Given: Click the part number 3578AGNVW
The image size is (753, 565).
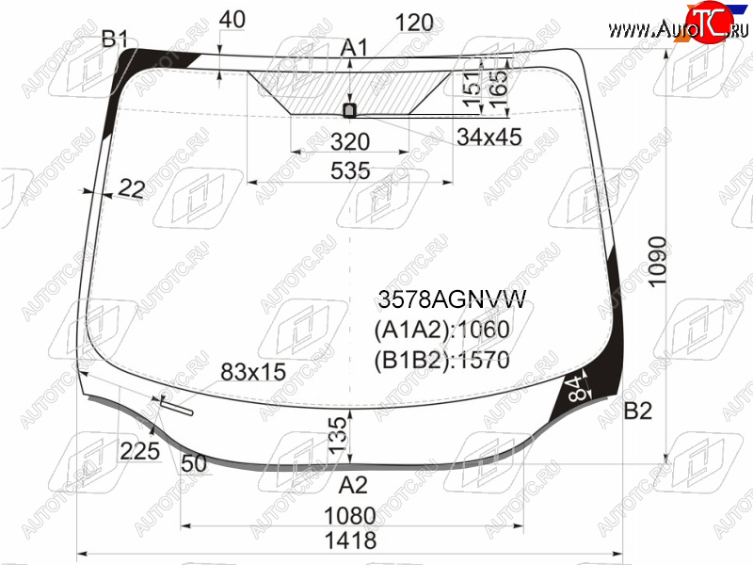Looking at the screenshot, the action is [452, 299].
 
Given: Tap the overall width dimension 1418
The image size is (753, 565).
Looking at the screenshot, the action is [350, 541].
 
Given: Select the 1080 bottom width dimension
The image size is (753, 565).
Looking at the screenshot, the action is [350, 516].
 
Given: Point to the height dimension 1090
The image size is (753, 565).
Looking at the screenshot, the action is [657, 262].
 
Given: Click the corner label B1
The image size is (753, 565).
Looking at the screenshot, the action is [115, 39].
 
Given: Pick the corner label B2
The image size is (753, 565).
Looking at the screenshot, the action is [638, 411].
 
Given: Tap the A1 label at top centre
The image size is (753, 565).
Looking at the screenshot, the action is [354, 48].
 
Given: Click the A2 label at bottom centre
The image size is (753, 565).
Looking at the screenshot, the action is [353, 485].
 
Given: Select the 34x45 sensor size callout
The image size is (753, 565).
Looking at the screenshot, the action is [489, 137].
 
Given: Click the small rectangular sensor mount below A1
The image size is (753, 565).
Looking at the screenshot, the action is [349, 110].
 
